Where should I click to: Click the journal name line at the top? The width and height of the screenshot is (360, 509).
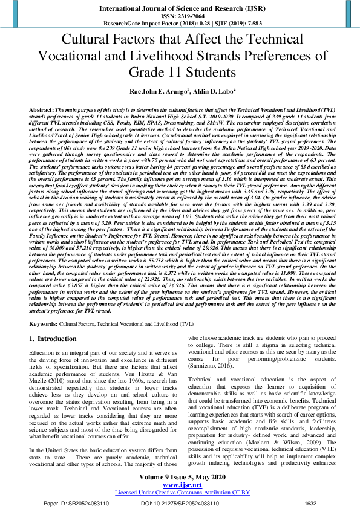pyautogui.click(x=180, y=9)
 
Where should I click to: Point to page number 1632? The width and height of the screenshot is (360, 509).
pyautogui.click(x=310, y=503)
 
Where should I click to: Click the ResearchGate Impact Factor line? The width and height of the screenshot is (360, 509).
pyautogui.click(x=180, y=24)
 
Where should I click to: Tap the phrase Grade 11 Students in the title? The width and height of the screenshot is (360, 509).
pyautogui.click(x=180, y=73)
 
